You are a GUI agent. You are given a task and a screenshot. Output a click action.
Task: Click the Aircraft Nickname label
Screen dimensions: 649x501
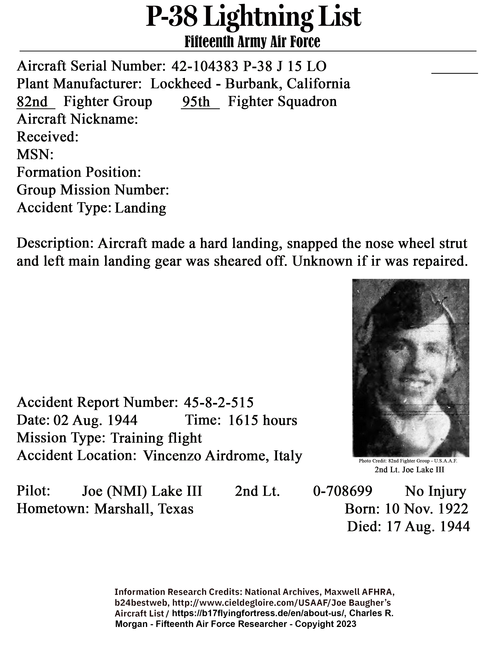tap(77, 119)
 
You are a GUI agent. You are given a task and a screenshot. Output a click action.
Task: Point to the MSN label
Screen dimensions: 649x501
tap(35, 155)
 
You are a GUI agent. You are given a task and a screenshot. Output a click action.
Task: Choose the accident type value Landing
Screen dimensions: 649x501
tap(140, 208)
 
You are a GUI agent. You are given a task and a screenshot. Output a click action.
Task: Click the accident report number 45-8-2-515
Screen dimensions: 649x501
tap(219, 403)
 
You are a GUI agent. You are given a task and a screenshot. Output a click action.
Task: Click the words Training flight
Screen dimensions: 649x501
tap(156, 438)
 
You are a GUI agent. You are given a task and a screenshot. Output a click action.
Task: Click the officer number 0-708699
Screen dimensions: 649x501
tap(342, 491)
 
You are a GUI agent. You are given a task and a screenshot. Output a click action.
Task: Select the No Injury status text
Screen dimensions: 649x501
tap(435, 491)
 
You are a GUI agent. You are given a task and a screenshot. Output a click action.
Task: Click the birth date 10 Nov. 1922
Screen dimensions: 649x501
tap(427, 509)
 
